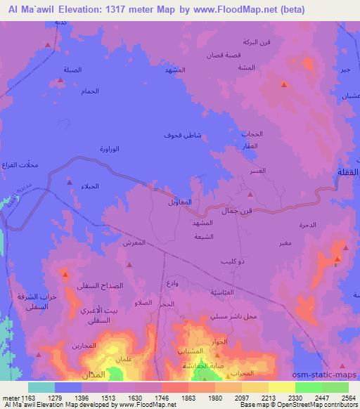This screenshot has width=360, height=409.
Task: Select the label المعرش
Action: click(x=134, y=242)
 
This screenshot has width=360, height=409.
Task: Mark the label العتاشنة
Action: click(x=221, y=291)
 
